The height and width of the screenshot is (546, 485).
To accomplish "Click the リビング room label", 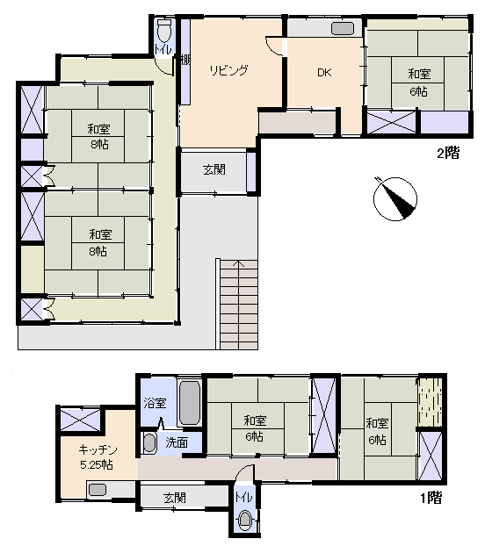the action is [x=228, y=70].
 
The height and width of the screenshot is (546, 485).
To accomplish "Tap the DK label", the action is [x=324, y=73].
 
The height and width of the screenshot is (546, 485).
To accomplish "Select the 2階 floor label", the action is [x=448, y=153].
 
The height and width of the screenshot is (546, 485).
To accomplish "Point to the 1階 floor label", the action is [x=431, y=498].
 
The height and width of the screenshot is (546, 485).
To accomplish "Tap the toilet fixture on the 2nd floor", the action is [x=163, y=31].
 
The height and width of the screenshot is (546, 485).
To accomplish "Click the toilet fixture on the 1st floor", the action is [x=245, y=520].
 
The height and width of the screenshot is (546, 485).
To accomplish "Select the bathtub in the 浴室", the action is [x=190, y=402].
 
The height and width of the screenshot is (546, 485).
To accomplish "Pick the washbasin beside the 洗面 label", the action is [x=150, y=443].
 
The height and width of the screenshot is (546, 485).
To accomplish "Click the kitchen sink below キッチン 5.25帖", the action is [x=98, y=490].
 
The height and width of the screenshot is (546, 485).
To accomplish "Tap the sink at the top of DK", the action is [x=343, y=29].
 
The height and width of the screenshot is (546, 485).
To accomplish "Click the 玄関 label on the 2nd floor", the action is [x=214, y=170].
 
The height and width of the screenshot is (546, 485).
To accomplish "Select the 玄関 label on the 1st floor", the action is [x=175, y=498].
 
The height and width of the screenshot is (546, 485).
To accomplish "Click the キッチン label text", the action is [x=98, y=450].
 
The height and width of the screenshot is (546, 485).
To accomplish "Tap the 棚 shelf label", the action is [x=185, y=60].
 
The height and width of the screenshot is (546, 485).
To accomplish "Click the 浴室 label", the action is [x=155, y=403].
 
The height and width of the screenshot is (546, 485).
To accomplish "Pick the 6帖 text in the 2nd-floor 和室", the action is [x=418, y=91].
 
